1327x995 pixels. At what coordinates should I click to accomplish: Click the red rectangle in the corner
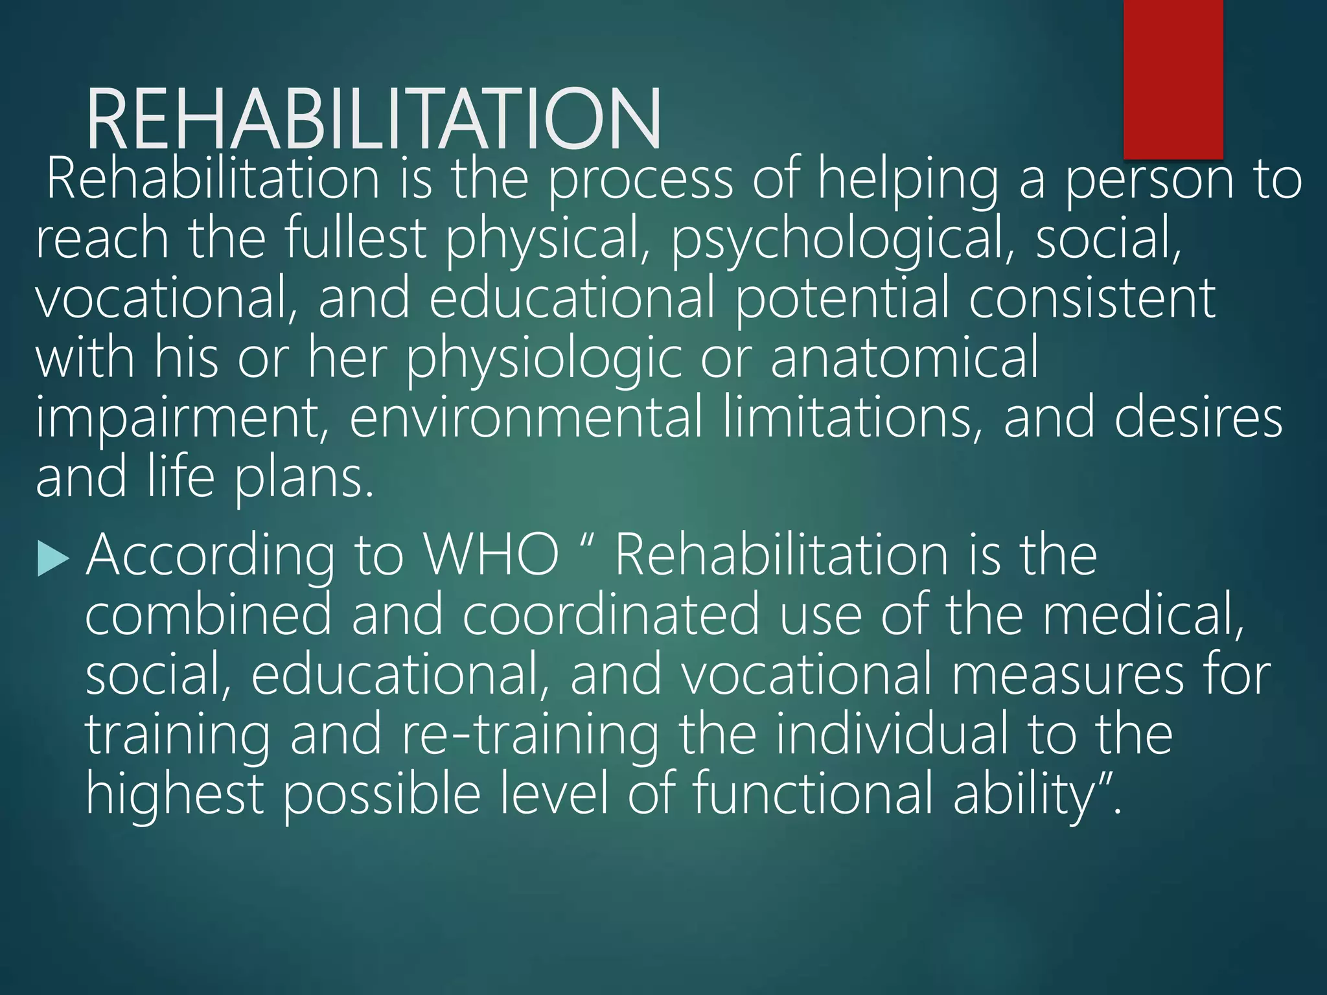tap(1173, 79)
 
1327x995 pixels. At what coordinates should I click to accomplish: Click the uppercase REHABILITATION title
tap(373, 120)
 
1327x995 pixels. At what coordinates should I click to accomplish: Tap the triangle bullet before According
tap(53, 558)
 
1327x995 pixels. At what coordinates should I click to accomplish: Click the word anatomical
tap(905, 358)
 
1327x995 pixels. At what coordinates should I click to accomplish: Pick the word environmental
tap(526, 418)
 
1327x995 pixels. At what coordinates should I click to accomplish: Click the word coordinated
tap(610, 615)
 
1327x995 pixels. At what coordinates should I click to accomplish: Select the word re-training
tap(529, 735)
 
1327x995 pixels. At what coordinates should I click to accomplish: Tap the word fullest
tap(355, 238)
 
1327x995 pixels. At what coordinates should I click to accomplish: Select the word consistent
tap(1092, 298)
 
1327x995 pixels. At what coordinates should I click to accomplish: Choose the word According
tap(211, 557)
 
